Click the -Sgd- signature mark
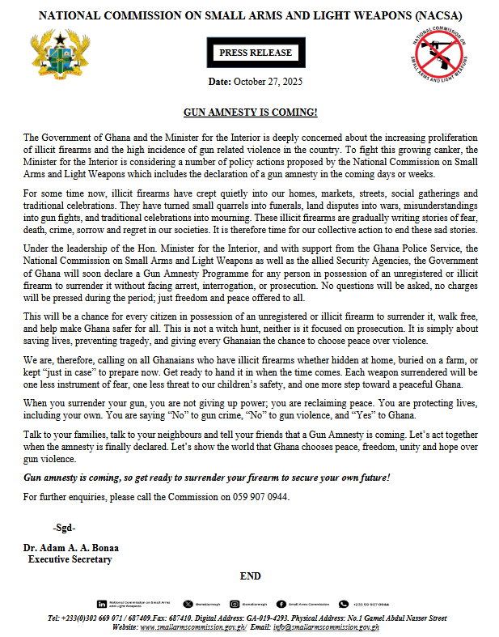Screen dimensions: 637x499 pyautogui.click(x=64, y=528)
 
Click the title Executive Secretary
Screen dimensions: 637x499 pyautogui.click(x=70, y=559)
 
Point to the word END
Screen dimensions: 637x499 pyautogui.click(x=251, y=576)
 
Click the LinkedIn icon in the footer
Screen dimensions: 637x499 pyautogui.click(x=101, y=604)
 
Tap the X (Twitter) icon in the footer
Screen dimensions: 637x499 pyautogui.click(x=188, y=604)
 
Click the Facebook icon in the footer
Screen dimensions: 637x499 pyautogui.click(x=281, y=604)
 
